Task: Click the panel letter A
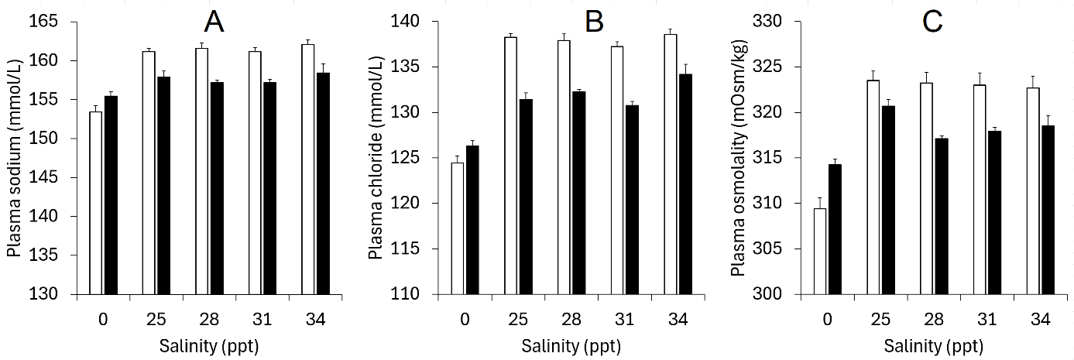coord(214,22)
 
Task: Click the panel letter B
coord(594,22)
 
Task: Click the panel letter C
coord(933,22)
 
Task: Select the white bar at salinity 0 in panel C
coord(820,251)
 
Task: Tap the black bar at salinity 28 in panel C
coord(941,216)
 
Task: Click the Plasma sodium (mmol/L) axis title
coord(15,158)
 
